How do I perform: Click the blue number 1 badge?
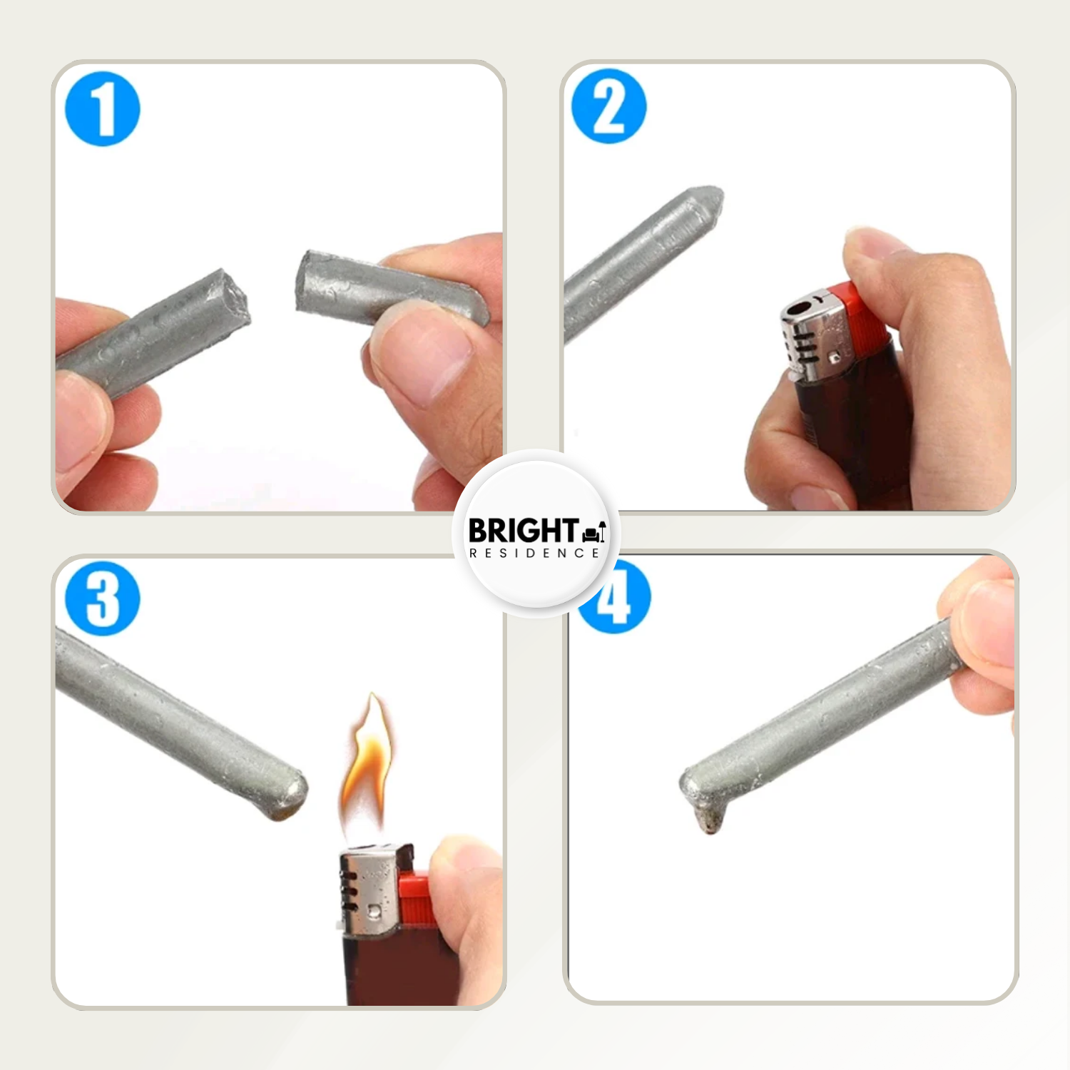(x=103, y=109)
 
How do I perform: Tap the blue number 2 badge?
(x=609, y=106)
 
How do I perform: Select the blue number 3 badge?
(x=103, y=598)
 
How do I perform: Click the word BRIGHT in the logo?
(x=523, y=531)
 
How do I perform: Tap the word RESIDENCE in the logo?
(x=534, y=553)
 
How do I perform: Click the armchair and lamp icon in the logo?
(x=594, y=531)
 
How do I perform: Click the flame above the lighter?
(x=367, y=767)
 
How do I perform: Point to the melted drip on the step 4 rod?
(x=709, y=817)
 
